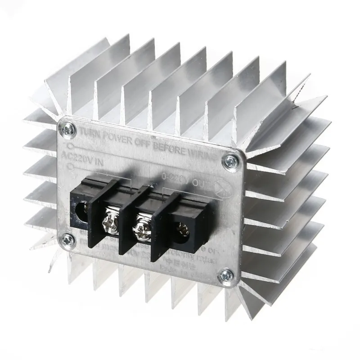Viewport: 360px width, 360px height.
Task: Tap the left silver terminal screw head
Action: tap(110, 221)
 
